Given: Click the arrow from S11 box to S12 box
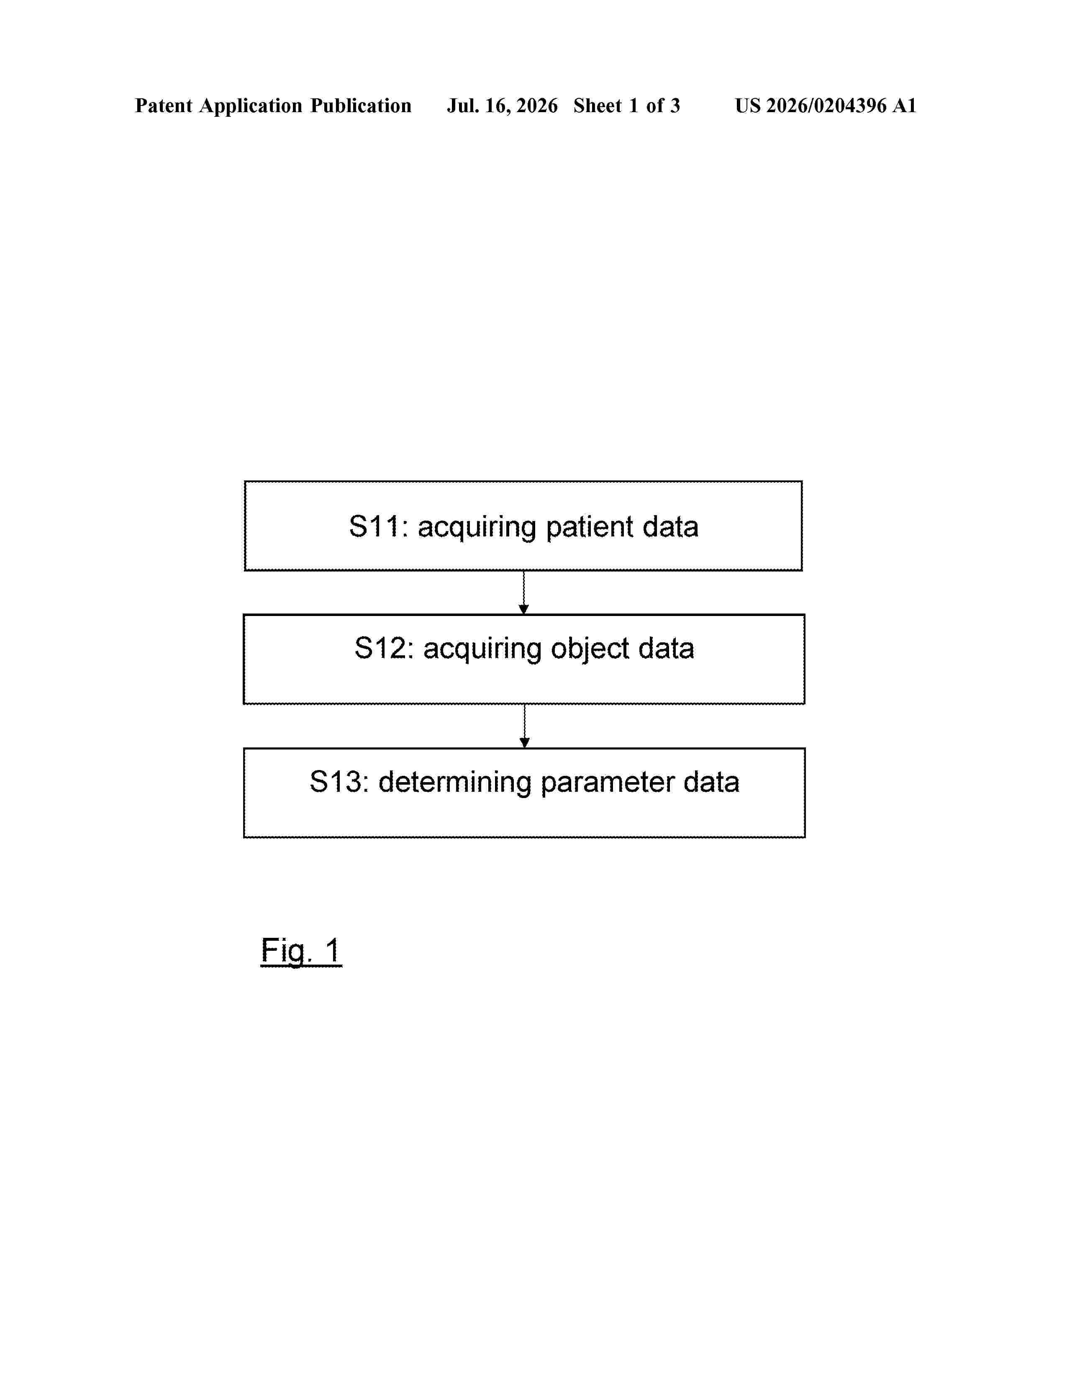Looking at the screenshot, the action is [523, 593].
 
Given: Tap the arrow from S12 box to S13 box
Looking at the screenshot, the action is [524, 726].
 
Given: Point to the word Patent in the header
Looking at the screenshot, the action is [164, 105].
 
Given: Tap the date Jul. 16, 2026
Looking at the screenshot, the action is [503, 105].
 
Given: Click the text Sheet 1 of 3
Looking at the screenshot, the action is [626, 105].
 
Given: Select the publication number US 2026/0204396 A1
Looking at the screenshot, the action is [826, 105].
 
